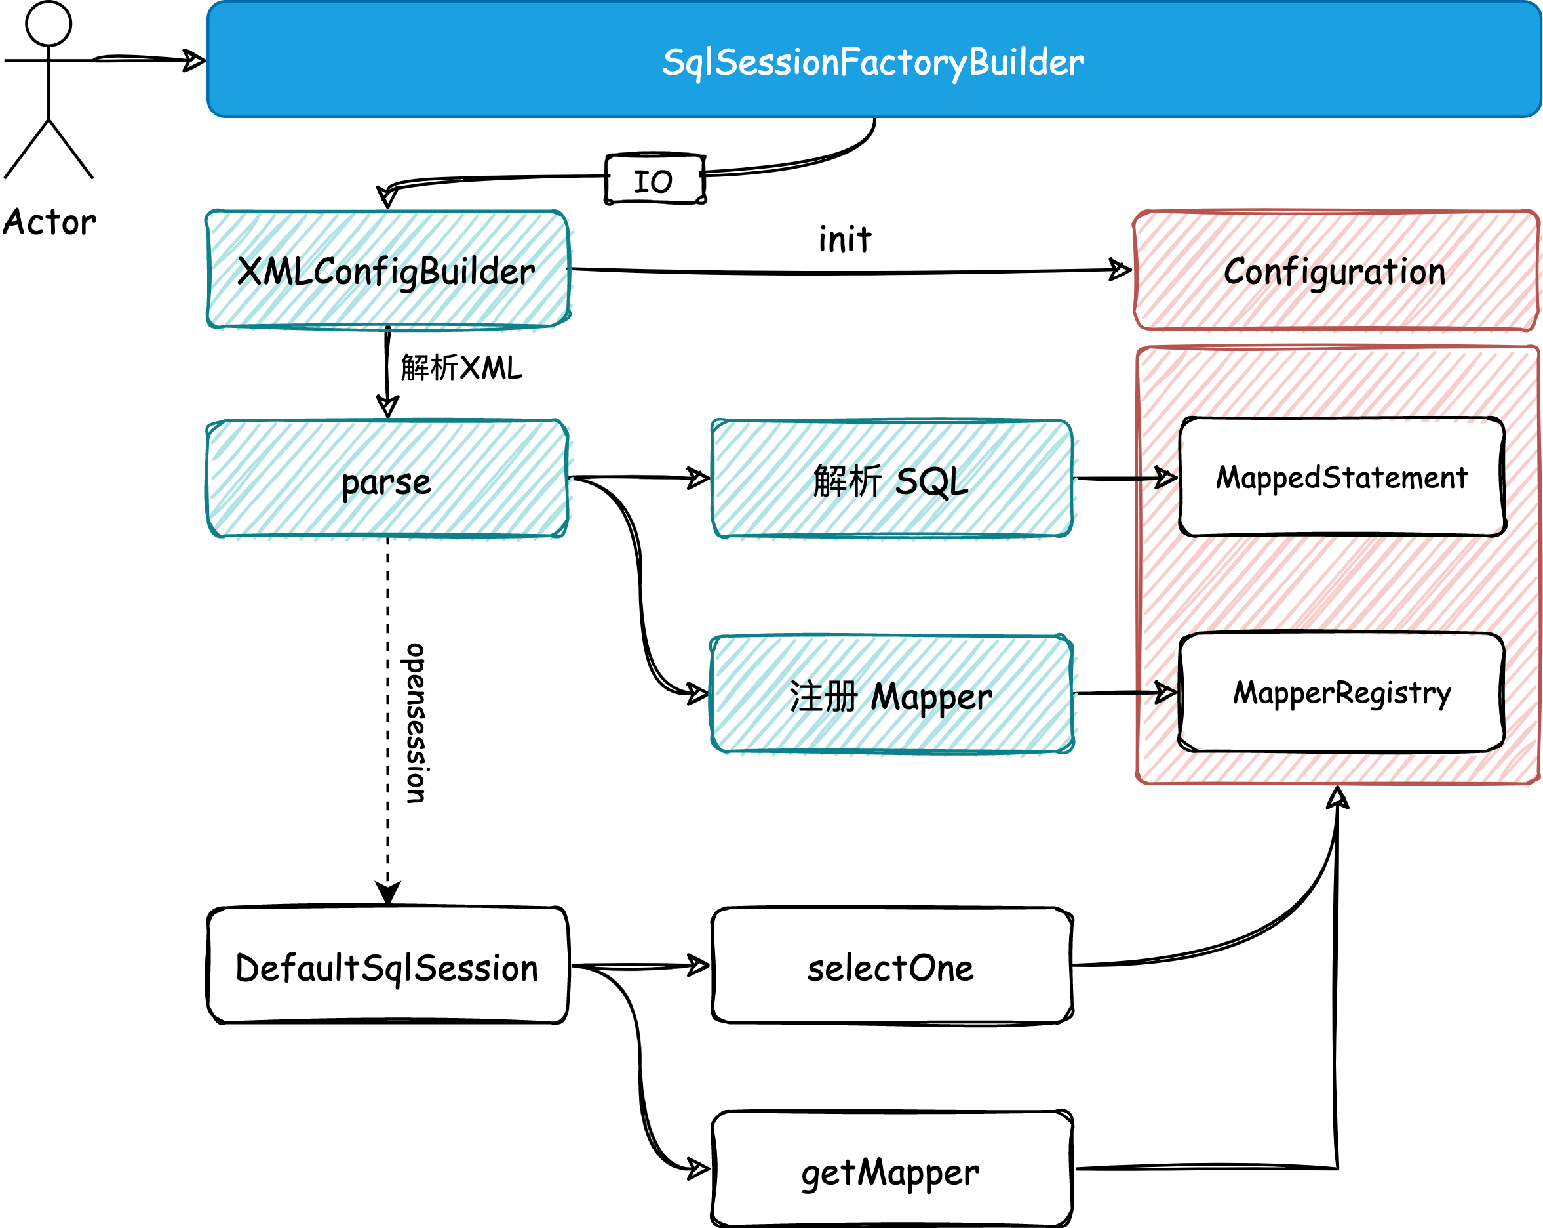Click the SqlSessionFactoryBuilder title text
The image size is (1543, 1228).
873,62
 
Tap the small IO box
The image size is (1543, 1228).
655,179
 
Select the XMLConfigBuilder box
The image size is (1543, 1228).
388,270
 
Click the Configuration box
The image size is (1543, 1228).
1335,271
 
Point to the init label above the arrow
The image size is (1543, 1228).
845,239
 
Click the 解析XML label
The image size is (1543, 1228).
461,368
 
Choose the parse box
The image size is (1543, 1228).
387,479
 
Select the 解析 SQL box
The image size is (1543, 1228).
891,479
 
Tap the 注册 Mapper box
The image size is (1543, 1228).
891,694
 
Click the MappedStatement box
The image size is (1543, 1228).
1342,477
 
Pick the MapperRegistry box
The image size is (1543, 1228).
1341,693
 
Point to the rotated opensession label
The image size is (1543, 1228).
416,723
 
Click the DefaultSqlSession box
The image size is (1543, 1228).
387,965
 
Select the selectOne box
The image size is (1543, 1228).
891,966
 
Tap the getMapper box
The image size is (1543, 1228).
891,1168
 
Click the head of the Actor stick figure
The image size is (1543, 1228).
49,24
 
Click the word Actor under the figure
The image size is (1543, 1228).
49,222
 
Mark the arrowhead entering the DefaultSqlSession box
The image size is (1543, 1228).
388,893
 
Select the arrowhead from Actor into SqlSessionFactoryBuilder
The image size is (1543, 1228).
195,60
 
